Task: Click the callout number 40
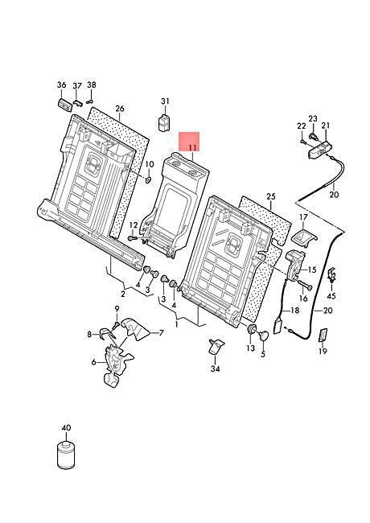[66, 428]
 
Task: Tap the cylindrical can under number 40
[66, 455]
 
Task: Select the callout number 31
[166, 101]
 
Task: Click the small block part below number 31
[163, 122]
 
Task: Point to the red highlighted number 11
[192, 147]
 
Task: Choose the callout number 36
[62, 85]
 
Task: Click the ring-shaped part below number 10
[148, 180]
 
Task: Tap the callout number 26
[120, 109]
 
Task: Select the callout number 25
[271, 196]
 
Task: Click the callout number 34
[216, 369]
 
